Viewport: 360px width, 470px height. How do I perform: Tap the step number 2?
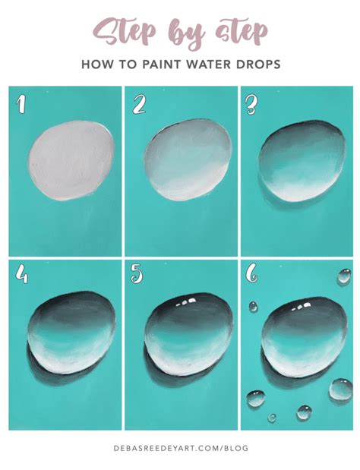pyautogui.click(x=138, y=103)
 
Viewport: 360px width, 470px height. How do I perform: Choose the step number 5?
pyautogui.click(x=137, y=275)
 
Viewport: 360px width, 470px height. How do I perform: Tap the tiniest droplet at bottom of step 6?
pyautogui.click(x=272, y=417)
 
